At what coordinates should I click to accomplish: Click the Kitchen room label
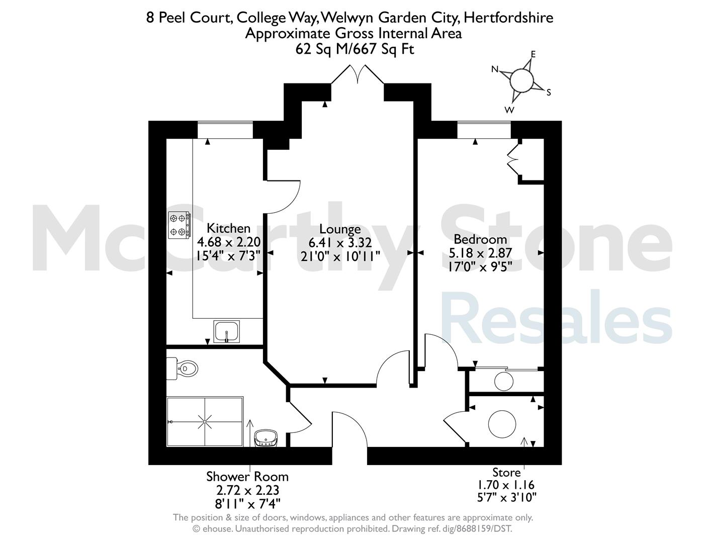pyautogui.click(x=228, y=228)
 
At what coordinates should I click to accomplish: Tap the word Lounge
pyautogui.click(x=340, y=229)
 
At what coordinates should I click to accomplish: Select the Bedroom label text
pyautogui.click(x=480, y=239)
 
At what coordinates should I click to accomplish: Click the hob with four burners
pyautogui.click(x=179, y=225)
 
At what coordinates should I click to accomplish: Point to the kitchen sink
pyautogui.click(x=226, y=331)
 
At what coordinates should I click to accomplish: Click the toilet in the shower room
pyautogui.click(x=182, y=369)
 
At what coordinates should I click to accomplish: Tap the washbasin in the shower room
pyautogui.click(x=266, y=438)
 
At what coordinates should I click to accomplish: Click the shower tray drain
pyautogui.click(x=205, y=422)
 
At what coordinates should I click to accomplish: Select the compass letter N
pyautogui.click(x=495, y=69)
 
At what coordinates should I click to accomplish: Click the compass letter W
pyautogui.click(x=509, y=110)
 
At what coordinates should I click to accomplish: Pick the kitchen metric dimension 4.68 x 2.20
pyautogui.click(x=229, y=242)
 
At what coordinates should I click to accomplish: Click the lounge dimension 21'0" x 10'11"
pyautogui.click(x=340, y=256)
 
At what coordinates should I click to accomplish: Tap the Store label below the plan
pyautogui.click(x=506, y=473)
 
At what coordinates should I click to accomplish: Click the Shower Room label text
pyautogui.click(x=247, y=477)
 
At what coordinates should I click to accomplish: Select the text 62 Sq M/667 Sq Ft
pyautogui.click(x=355, y=49)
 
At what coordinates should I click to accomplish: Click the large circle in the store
pyautogui.click(x=502, y=424)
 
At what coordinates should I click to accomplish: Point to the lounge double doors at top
pyautogui.click(x=358, y=74)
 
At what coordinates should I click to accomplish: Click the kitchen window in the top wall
pyautogui.click(x=225, y=130)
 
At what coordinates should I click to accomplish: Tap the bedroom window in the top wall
pyautogui.click(x=484, y=130)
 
